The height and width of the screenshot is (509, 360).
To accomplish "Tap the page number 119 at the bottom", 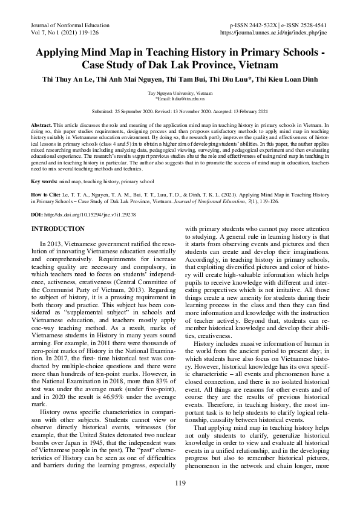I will pos(180,482).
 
